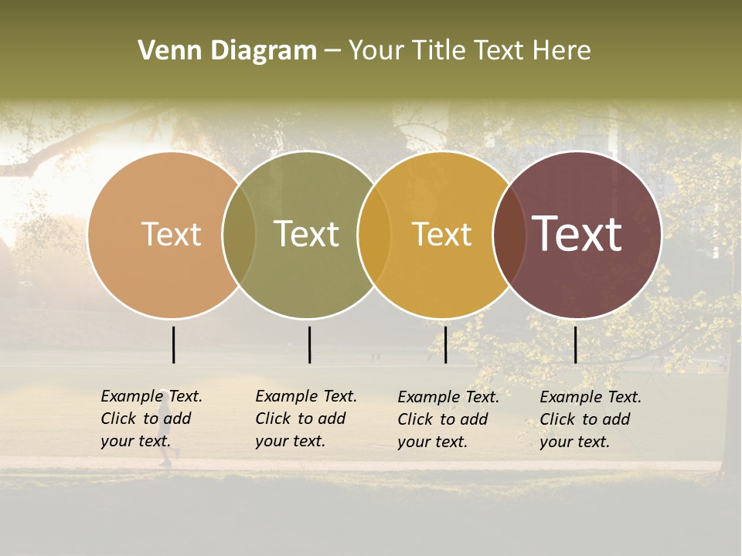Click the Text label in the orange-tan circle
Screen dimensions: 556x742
pos(171,234)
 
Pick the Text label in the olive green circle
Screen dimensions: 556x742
pos(306,234)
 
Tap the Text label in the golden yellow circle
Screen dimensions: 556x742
pos(441,234)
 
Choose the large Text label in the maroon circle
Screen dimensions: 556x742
pos(577,234)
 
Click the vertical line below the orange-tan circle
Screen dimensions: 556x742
pos(174,344)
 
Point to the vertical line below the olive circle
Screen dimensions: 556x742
pos(309,344)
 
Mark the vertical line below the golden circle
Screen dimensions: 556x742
pos(445,344)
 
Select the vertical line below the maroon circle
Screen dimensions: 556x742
pos(575,344)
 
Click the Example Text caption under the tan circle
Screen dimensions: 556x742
pos(151,419)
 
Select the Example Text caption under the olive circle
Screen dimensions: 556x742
pos(306,419)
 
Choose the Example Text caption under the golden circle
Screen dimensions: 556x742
pos(448,419)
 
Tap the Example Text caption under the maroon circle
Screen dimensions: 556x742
pos(591,419)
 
